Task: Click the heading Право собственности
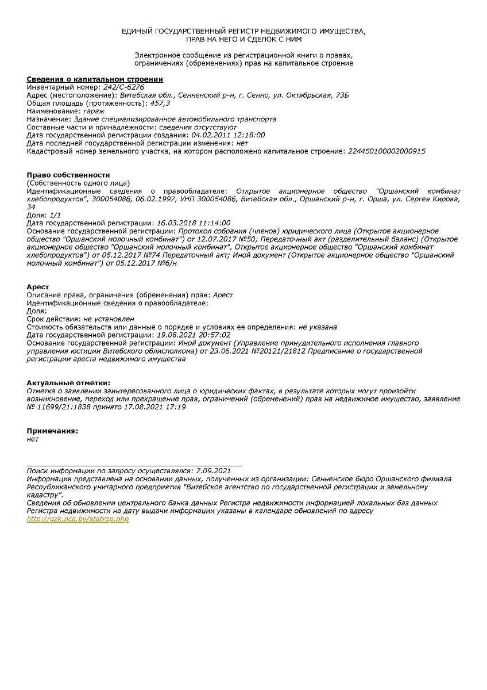68,175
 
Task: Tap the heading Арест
37,287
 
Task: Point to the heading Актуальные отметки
68,383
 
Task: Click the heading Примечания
52,431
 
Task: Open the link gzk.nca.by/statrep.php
78,519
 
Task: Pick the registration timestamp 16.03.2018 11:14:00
193,223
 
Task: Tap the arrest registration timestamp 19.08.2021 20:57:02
193,335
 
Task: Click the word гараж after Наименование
93,111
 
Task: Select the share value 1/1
55,215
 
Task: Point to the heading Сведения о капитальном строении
95,79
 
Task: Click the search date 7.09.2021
213,470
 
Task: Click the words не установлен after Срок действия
109,319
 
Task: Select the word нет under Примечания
33,439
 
